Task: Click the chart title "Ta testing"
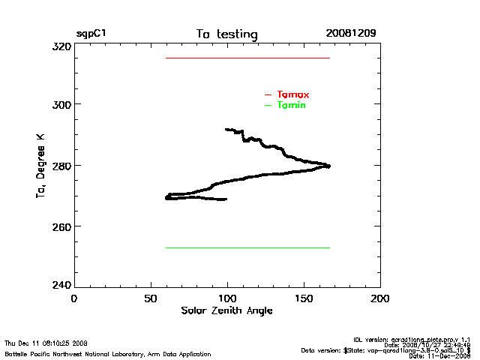coord(226,34)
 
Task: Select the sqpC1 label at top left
coord(91,34)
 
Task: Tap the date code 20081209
coord(351,34)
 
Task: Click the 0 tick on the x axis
coord(73,298)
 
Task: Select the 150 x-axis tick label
coord(304,298)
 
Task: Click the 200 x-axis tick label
coord(381,298)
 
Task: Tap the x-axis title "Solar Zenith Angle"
coord(226,310)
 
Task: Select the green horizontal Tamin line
coord(247,247)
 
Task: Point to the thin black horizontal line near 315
coord(247,58)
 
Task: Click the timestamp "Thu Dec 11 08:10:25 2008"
coord(46,343)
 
